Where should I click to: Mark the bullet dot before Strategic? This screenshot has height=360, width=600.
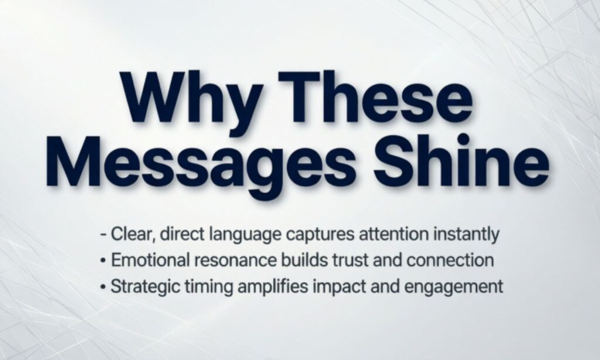pos(103,287)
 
